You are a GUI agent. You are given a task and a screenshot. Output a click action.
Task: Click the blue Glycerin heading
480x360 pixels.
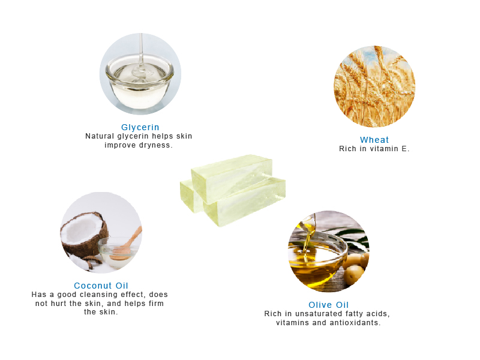point(140,127)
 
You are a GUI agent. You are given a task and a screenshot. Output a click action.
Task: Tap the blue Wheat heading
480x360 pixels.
point(374,140)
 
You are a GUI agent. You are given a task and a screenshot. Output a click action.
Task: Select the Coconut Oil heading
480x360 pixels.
point(101,286)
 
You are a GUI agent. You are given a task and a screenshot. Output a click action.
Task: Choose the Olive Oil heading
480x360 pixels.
point(328,305)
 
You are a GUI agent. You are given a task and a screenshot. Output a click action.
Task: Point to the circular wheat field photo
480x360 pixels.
point(374,86)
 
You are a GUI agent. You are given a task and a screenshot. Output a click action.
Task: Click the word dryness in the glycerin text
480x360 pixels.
point(156,145)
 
